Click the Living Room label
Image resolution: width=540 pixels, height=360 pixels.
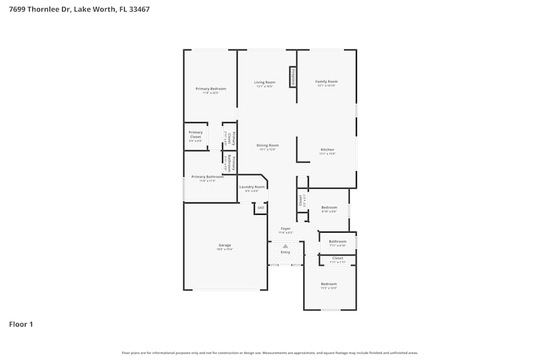265,83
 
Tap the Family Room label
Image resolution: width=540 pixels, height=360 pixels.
326,81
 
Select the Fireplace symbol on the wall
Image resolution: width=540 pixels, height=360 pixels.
293,77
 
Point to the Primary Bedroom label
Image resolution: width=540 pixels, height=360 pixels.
211,89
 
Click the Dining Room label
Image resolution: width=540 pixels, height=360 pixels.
267,145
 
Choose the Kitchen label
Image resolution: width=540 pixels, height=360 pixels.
327,150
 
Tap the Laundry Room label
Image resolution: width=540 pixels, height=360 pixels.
252,187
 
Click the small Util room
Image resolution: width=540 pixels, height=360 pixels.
260,208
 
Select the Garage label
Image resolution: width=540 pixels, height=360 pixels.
225,245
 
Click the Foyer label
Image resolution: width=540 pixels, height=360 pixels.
285,228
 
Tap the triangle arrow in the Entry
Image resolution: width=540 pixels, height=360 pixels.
285,246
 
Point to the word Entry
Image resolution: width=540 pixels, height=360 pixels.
285,252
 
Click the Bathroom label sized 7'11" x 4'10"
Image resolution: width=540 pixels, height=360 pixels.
337,241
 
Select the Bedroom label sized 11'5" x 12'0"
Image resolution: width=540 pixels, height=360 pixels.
329,284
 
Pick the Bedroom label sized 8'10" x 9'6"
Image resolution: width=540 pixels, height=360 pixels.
329,207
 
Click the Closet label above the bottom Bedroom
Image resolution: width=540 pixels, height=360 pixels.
337,258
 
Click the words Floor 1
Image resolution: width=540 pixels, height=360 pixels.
21,324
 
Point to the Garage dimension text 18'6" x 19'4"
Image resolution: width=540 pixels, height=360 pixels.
225,249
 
